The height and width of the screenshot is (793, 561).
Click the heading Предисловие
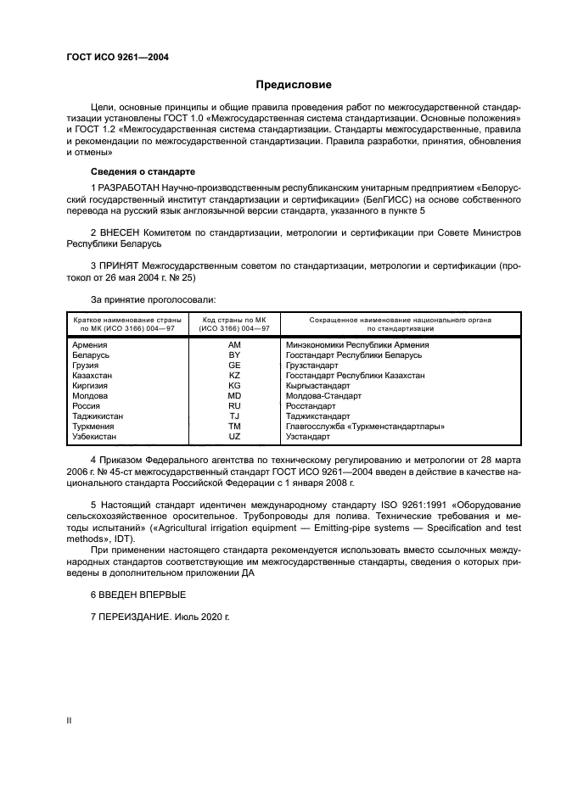click(x=294, y=85)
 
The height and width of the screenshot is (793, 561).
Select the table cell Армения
click(x=90, y=345)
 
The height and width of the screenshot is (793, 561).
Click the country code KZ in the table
click(x=234, y=375)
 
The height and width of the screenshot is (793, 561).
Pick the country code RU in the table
click(x=234, y=405)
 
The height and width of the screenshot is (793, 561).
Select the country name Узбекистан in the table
click(x=95, y=437)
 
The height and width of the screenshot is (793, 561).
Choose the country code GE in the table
click(x=234, y=365)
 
